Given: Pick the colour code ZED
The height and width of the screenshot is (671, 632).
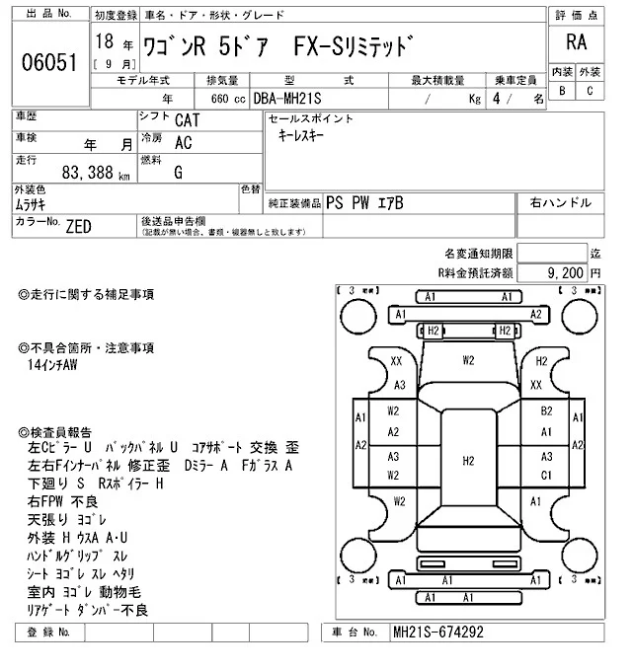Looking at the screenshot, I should pos(78,226).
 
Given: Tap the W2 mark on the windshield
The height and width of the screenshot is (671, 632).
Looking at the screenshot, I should pos(468,360).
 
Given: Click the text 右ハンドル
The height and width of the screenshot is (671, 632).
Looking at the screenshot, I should pos(560,203).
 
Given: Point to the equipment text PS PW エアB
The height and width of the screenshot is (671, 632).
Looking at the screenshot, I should pos(364,203).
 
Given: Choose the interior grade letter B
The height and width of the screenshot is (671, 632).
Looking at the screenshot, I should pos(562,91).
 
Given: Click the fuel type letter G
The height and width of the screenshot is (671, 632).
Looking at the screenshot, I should pos(178,172).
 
